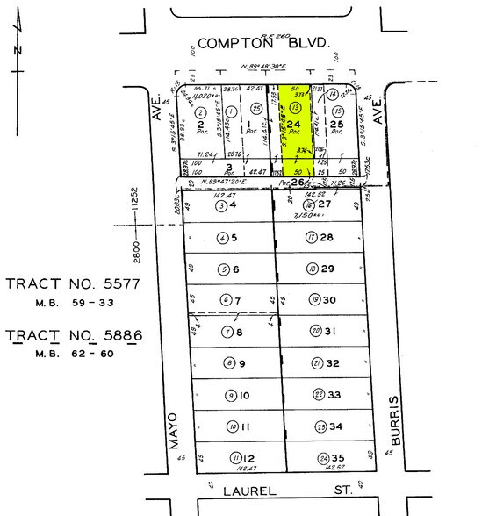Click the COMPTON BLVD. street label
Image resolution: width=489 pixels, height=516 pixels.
(262, 42)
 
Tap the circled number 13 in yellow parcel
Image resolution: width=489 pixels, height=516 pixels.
(296, 108)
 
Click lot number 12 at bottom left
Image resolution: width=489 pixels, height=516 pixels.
(249, 457)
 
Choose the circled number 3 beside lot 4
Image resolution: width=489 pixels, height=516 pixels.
(223, 205)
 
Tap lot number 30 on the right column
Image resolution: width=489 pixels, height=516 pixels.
(330, 300)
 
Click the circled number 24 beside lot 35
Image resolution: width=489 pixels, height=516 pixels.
(323, 458)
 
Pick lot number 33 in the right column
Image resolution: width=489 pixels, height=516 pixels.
(333, 394)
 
